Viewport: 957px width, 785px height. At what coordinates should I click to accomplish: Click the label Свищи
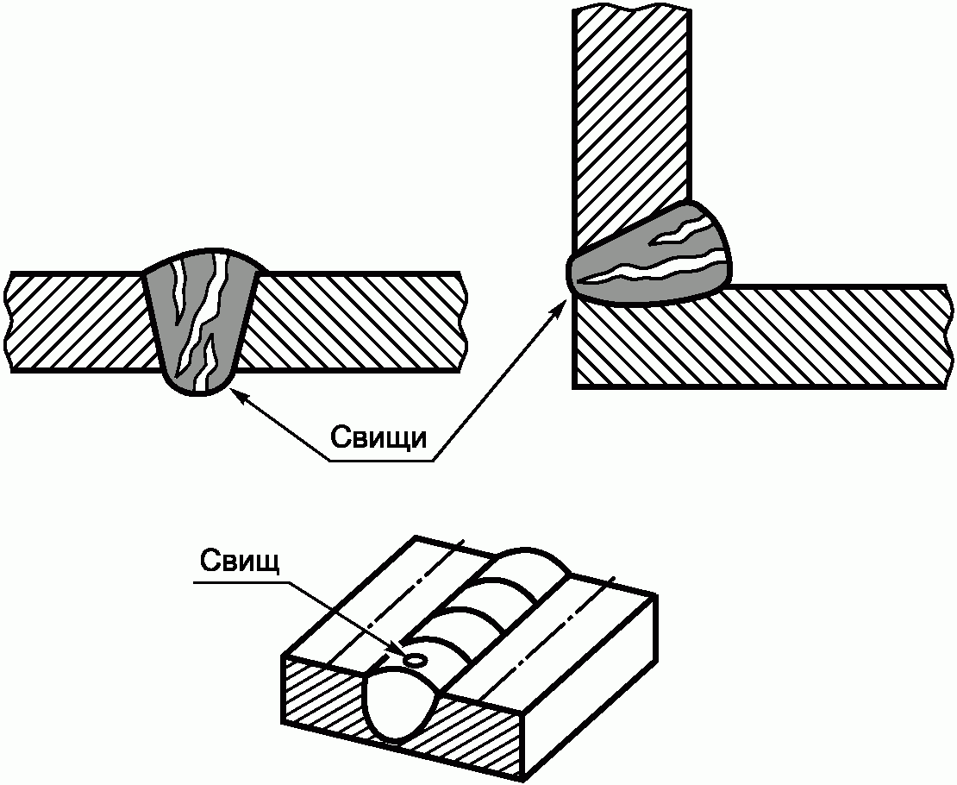pyautogui.click(x=378, y=437)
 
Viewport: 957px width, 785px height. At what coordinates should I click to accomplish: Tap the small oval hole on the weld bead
pyautogui.click(x=416, y=660)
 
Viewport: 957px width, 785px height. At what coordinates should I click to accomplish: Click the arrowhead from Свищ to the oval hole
pyautogui.click(x=399, y=649)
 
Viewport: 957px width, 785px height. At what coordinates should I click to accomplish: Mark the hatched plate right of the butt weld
pyautogui.click(x=353, y=322)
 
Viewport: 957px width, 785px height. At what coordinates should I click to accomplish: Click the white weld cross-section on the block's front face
pyautogui.click(x=403, y=707)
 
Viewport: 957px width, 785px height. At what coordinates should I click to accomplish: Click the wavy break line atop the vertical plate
pyautogui.click(x=631, y=9)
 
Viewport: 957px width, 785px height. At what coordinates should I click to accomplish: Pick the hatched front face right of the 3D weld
pyautogui.click(x=483, y=733)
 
